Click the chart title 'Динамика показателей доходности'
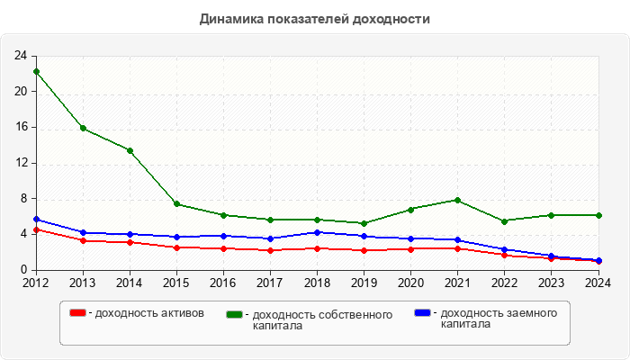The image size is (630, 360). click(x=314, y=19)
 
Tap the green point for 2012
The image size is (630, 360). click(x=36, y=71)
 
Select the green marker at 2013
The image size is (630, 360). click(x=83, y=128)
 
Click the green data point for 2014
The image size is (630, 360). click(x=130, y=150)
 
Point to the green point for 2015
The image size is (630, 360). click(x=176, y=203)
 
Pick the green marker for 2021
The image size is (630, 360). click(x=457, y=200)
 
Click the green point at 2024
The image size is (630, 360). click(x=598, y=215)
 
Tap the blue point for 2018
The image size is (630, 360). click(x=317, y=232)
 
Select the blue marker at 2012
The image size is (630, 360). click(x=36, y=219)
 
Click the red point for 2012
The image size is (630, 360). click(x=36, y=229)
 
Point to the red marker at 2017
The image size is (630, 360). click(x=270, y=250)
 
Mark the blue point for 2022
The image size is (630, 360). click(x=504, y=249)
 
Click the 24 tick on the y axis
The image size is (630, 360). click(x=20, y=56)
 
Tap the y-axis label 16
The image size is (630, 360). click(x=20, y=127)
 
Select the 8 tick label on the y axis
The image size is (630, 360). click(x=22, y=198)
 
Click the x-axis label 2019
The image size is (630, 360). click(x=364, y=283)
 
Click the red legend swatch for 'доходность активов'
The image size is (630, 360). click(x=78, y=313)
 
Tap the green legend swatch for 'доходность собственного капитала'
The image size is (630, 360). click(x=235, y=314)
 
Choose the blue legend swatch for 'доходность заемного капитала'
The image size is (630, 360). click(x=422, y=313)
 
